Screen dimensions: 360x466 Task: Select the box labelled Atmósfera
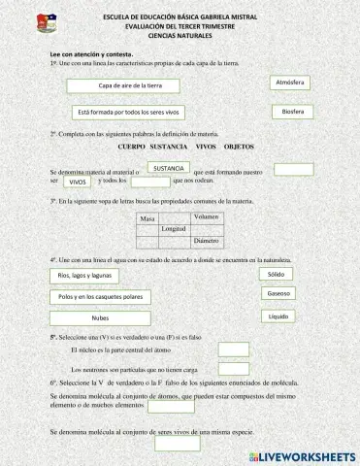tap(290, 83)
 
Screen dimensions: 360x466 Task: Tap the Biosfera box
tap(293, 112)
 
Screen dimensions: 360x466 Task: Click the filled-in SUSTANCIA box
tap(169, 168)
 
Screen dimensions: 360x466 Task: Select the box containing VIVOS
tap(79, 182)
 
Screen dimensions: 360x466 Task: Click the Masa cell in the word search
tap(148, 219)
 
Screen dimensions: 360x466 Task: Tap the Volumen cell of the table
tap(207, 216)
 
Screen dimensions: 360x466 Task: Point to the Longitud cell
tap(173, 229)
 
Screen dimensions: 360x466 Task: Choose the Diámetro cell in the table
tap(207, 239)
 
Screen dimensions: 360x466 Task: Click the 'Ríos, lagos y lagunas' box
tap(105, 276)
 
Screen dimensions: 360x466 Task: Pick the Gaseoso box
tap(278, 293)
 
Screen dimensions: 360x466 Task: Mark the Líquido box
tap(278, 316)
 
